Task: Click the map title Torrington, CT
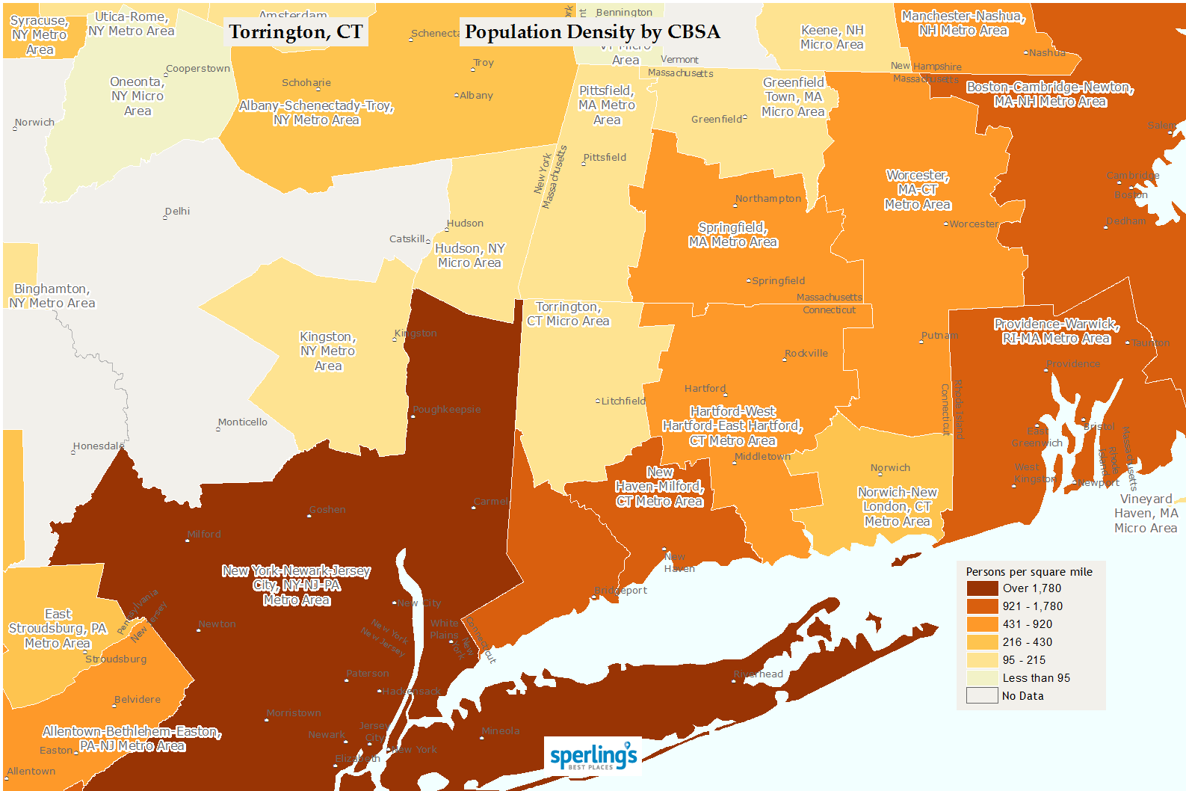pos(296,32)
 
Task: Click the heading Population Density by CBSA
pos(592,32)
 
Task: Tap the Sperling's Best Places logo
pos(593,756)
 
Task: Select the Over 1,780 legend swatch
pos(982,588)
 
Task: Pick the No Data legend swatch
pos(982,696)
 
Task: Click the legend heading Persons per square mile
pos(1029,572)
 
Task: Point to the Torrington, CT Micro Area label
pos(568,314)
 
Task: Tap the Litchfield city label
pos(623,401)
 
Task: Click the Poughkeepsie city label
pos(447,410)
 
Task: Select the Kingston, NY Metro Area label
pos(328,351)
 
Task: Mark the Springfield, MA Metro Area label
pos(732,235)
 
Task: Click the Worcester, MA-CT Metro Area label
pos(917,190)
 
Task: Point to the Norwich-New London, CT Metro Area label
pos(897,507)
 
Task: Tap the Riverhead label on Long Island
pos(760,674)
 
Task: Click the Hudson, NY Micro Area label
pos(470,256)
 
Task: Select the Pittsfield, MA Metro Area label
pos(607,105)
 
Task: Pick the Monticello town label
pos(243,422)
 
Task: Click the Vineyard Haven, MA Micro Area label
pos(1146,514)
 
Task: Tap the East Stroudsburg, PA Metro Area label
pos(58,629)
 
